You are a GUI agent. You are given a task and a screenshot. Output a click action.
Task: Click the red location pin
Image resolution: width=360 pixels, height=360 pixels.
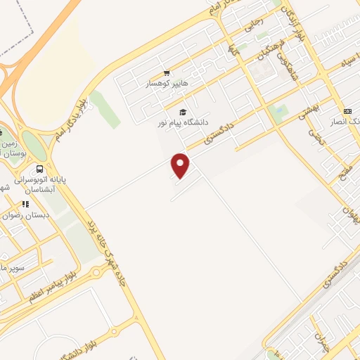(181, 165)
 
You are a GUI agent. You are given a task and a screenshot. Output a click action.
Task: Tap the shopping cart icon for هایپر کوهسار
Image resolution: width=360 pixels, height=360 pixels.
(166, 73)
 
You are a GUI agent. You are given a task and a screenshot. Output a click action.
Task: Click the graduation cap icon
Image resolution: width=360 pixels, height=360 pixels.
(183, 112)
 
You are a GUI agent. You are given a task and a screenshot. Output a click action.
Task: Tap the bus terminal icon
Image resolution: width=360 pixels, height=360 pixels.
(39, 169)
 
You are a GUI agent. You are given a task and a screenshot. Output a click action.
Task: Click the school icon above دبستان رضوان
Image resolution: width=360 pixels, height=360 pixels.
(25, 205)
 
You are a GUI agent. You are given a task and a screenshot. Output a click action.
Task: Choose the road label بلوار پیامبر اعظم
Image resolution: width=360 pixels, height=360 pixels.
(48, 283)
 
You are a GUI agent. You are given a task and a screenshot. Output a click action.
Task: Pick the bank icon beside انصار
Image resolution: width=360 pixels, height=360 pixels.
(347, 111)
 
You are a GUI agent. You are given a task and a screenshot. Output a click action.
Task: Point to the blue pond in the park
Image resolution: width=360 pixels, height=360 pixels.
(280, 110)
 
